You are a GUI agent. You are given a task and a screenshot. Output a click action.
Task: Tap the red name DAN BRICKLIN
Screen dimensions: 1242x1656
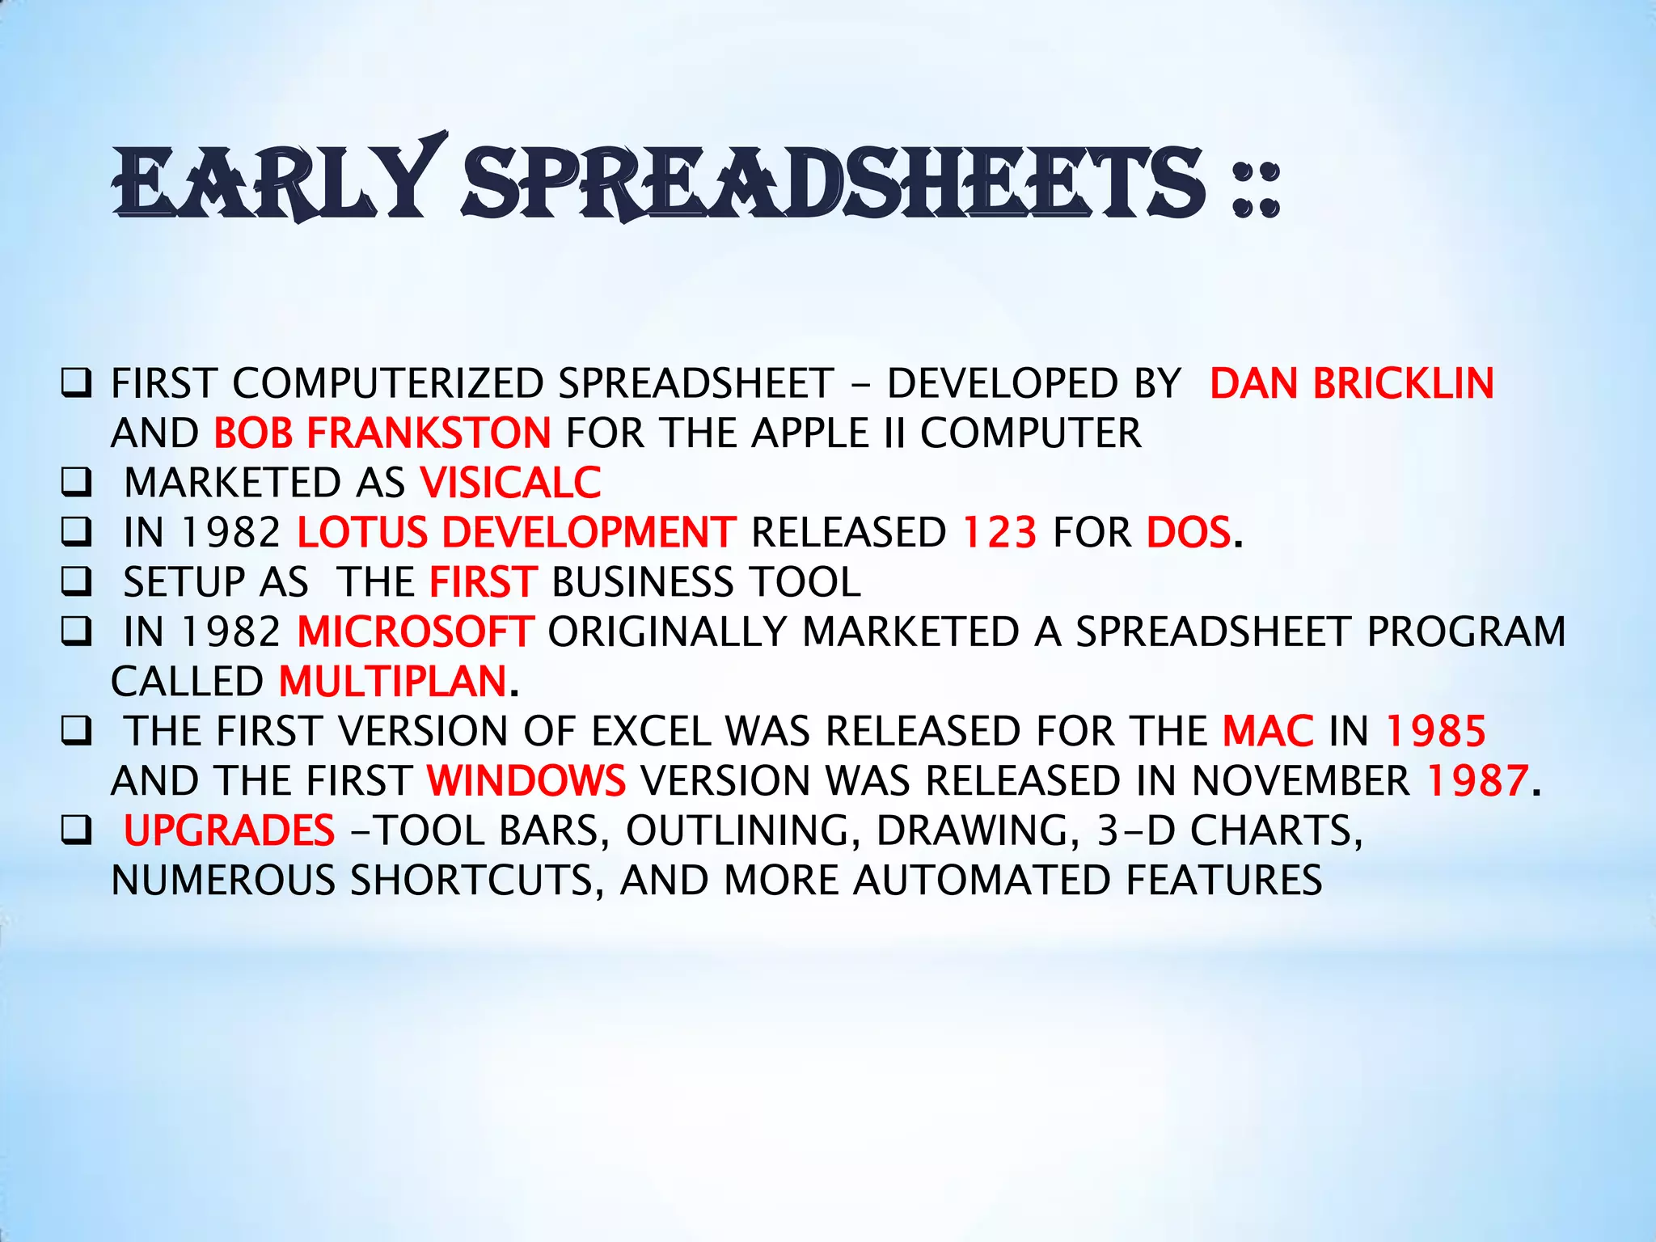1351,383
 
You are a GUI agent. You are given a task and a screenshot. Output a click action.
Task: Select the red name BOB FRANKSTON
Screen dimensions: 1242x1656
382,433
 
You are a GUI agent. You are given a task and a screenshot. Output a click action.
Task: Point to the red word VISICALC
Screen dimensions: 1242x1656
511,483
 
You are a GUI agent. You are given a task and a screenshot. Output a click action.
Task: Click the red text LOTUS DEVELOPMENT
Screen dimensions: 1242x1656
517,533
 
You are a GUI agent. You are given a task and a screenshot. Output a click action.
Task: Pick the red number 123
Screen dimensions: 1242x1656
999,533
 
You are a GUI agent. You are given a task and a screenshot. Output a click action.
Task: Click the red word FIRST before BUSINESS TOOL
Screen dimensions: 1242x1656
483,582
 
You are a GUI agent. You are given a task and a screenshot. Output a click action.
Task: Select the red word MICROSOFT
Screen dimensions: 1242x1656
416,632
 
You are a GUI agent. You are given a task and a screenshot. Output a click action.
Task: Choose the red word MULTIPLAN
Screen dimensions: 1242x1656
393,682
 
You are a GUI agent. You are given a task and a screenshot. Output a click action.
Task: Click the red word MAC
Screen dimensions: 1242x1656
1268,732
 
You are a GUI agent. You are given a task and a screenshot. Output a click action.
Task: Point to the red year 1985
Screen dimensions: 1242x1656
1435,732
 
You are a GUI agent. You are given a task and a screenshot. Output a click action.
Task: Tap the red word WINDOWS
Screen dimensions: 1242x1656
526,781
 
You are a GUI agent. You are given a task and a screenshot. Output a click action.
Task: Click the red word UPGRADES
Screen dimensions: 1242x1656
229,831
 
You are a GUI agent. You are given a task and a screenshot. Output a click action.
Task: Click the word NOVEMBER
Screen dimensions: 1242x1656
1300,781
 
